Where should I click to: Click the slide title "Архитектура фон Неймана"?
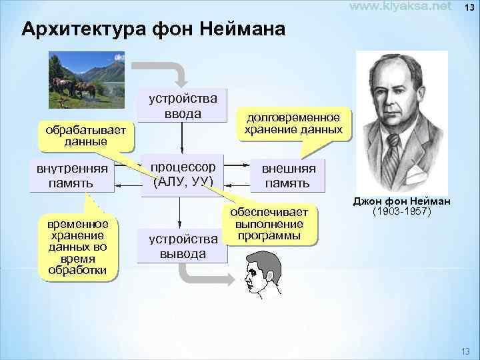tap(153, 30)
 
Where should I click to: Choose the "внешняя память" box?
tap(287, 175)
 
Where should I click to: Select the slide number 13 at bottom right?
tap(465, 351)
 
